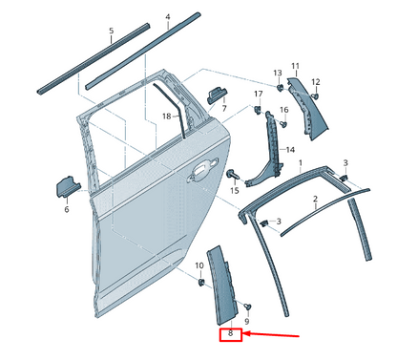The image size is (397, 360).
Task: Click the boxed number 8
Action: tap(230, 334)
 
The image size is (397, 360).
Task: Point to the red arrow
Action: tap(276, 334)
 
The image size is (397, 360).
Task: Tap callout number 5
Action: tap(111, 31)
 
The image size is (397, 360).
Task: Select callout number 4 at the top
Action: tap(167, 17)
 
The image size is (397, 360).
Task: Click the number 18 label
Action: tap(165, 116)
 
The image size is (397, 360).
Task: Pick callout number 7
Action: tap(224, 109)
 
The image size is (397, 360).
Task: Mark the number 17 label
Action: tap(258, 93)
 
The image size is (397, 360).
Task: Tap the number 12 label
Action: tap(316, 82)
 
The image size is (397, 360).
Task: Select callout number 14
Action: tap(290, 150)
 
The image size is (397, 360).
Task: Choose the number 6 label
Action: tap(67, 209)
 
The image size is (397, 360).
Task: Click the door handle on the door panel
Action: tap(201, 172)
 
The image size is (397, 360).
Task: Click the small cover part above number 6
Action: tap(68, 184)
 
